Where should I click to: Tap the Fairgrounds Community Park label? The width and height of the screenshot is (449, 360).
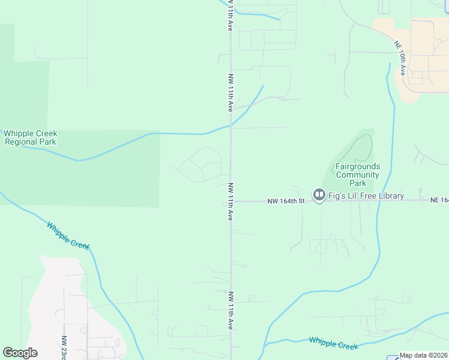(x=358, y=175)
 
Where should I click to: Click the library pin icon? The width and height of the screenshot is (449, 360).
(x=319, y=196)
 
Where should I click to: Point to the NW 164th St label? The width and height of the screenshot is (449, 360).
(x=286, y=201)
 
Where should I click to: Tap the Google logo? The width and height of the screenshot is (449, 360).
(x=20, y=353)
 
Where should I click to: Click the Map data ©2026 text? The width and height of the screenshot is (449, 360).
(x=424, y=355)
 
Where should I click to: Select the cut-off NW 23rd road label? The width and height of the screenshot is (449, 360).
(x=64, y=347)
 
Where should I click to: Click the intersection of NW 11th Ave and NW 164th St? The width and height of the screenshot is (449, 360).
(x=231, y=201)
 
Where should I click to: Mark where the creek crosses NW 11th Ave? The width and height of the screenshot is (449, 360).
(x=231, y=125)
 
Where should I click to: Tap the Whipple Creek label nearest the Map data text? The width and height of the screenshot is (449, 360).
(x=333, y=343)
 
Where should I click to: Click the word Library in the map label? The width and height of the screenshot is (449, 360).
(x=390, y=196)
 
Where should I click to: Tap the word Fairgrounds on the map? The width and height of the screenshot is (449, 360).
(x=358, y=166)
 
